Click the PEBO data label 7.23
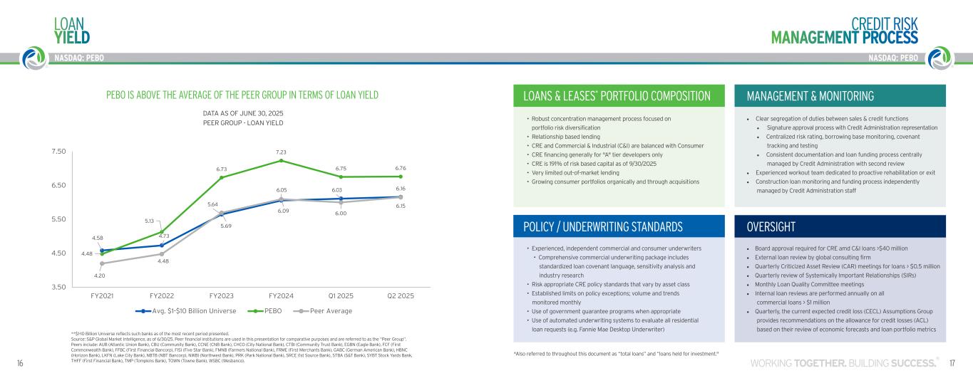click(x=282, y=152)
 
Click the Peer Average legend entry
click(x=325, y=311)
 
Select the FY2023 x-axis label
click(x=221, y=295)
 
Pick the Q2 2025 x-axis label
click(x=401, y=295)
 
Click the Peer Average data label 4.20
click(x=100, y=275)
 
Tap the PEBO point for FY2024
click(x=282, y=160)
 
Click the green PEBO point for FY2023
click(x=221, y=177)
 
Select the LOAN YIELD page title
click(x=72, y=30)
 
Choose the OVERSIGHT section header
click(x=771, y=226)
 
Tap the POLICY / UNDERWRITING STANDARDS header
click(x=603, y=226)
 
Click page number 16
click(x=20, y=364)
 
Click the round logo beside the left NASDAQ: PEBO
click(x=33, y=58)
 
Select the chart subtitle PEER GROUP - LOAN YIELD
click(x=244, y=123)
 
